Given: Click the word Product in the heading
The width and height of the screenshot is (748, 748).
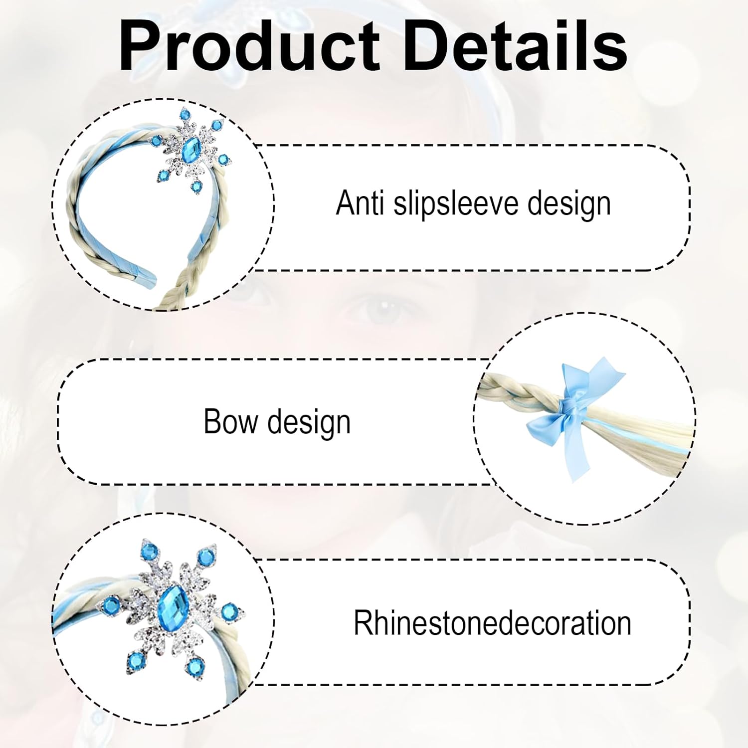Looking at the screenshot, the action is [x=250, y=46].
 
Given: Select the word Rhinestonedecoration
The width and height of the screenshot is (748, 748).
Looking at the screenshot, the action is [x=492, y=623].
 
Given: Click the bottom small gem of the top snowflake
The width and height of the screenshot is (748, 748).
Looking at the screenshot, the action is [x=196, y=187].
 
